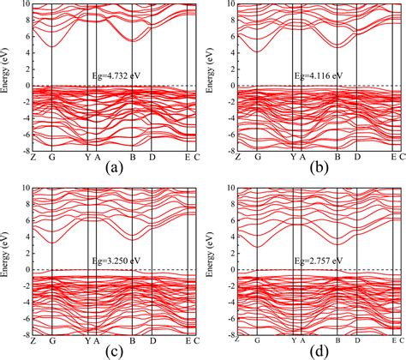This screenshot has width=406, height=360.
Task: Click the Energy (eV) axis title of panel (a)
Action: pos(6,75)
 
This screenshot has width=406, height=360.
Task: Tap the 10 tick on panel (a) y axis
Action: pos(23,4)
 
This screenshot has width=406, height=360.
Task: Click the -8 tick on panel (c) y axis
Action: pos(23,335)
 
